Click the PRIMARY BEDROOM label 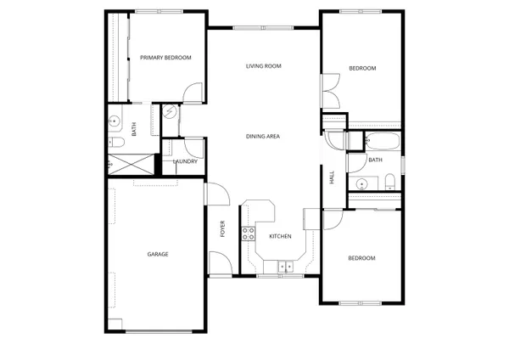(x=165, y=58)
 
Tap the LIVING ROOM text (x=263, y=66)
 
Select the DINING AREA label (x=263, y=136)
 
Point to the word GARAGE (x=158, y=254)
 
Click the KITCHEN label (x=281, y=236)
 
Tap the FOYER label (x=223, y=228)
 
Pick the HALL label (x=331, y=177)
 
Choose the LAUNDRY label (x=185, y=161)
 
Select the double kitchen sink (x=285, y=266)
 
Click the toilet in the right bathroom (x=389, y=181)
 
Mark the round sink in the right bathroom (x=362, y=182)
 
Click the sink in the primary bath (x=115, y=121)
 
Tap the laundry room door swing (x=193, y=146)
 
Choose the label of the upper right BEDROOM (x=362, y=68)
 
